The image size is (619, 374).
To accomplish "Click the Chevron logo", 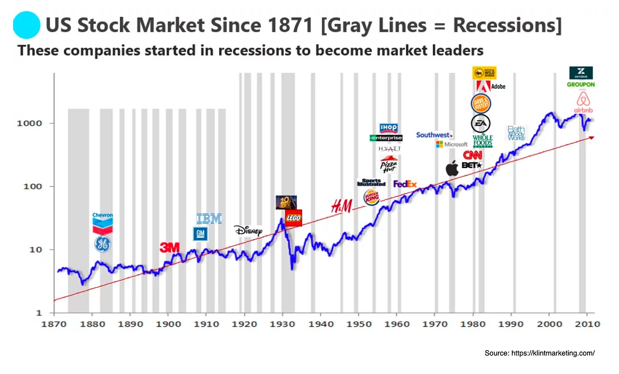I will tap(102, 223).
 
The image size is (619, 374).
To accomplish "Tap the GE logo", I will tap(102, 244).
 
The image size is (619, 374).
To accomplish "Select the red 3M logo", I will tap(170, 247).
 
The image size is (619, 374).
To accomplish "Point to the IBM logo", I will tap(209, 219).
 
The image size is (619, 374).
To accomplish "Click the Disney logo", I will tap(249, 231).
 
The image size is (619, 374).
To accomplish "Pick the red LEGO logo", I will tap(293, 218).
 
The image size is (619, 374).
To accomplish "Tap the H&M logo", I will tap(342, 207).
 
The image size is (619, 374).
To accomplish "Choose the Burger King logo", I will tap(372, 197).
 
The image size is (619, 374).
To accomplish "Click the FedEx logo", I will tap(405, 184).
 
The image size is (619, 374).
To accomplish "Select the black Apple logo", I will tap(452, 168).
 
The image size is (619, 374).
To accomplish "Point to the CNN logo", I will tap(472, 155).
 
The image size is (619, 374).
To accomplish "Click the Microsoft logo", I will tap(451, 144).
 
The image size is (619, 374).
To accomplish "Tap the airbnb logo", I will tap(583, 102).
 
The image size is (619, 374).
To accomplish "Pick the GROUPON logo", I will tap(581, 85).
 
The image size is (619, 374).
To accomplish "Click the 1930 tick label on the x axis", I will tap(282, 324).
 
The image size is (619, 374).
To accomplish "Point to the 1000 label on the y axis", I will tap(29, 123).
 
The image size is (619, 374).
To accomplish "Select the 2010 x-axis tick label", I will tap(588, 324).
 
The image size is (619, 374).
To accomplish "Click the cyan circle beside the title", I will tap(26, 25).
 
